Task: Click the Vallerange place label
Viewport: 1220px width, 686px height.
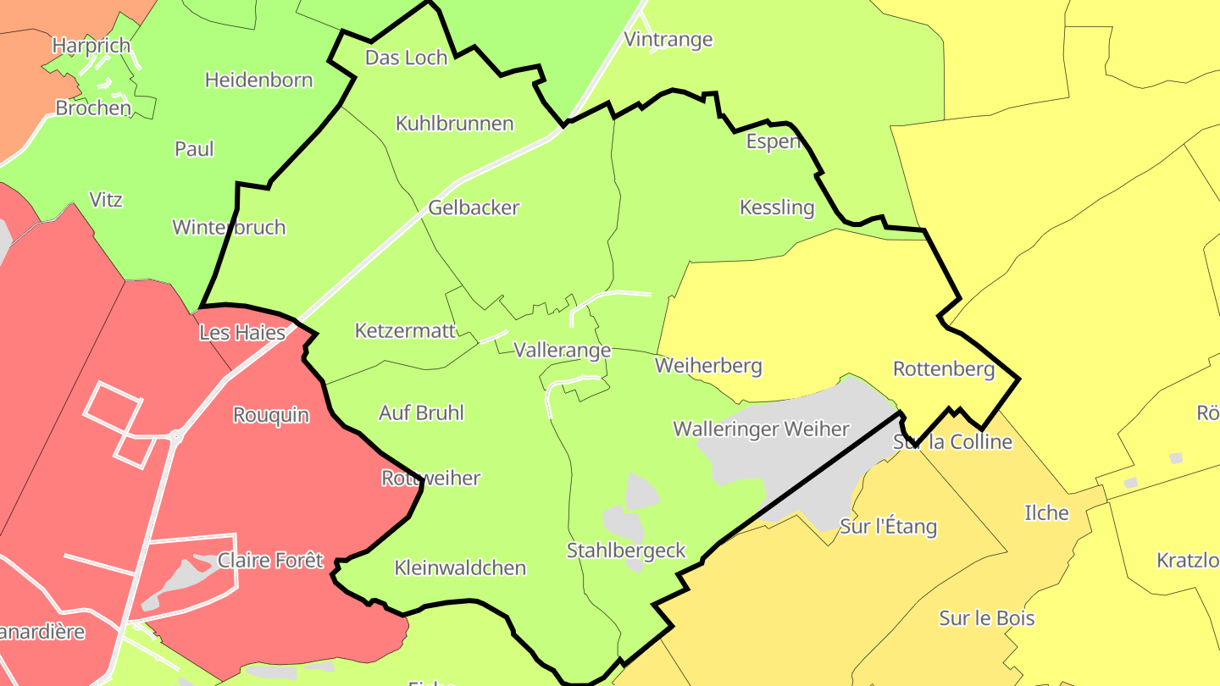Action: point(562,351)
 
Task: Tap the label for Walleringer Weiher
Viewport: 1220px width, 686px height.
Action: point(761,429)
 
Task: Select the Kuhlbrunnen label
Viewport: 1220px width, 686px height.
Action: point(454,124)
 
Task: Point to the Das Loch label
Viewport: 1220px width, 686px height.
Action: point(406,58)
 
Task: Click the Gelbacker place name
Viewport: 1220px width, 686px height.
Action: point(474,207)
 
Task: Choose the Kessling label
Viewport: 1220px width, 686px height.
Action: point(777,207)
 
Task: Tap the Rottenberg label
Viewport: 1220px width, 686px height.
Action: point(944,369)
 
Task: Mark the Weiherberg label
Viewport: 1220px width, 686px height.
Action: point(708,366)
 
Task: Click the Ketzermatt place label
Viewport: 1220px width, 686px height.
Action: point(405,330)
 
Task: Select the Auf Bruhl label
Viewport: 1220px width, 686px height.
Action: point(421,413)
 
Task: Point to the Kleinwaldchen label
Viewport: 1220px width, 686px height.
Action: point(460,568)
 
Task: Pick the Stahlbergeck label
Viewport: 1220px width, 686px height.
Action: point(626,551)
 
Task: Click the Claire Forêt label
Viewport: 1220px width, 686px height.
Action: point(270,561)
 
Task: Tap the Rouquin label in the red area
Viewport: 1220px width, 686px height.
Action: point(271,416)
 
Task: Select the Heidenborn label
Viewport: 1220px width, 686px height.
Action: point(258,80)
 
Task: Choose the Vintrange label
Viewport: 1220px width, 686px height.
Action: point(668,40)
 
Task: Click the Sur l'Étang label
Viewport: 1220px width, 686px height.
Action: point(888,527)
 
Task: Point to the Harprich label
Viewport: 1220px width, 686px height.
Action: point(91,45)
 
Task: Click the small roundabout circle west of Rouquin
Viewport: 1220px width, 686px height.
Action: point(176,436)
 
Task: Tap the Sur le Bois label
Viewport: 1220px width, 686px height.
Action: point(987,618)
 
